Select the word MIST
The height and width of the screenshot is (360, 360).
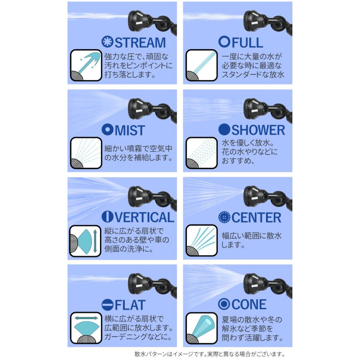pyautogui.click(x=130, y=130)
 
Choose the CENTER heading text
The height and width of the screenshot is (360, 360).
pyautogui.click(x=256, y=218)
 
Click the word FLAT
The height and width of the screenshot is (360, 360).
pyautogui.click(x=130, y=305)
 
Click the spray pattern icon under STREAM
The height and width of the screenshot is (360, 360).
pyautogui.click(x=85, y=65)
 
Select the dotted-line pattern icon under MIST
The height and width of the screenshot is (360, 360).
pyautogui.click(x=85, y=153)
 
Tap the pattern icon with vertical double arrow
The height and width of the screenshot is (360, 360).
pyautogui.click(x=85, y=240)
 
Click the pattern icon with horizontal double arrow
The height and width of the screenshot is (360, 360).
pyautogui.click(x=85, y=328)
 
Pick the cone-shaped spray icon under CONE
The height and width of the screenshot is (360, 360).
pyautogui.click(x=201, y=328)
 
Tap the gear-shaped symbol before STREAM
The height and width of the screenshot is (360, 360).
pyautogui.click(x=107, y=42)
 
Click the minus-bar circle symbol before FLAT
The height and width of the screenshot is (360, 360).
pyautogui.click(x=107, y=305)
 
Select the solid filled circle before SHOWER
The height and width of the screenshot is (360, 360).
pyautogui.click(x=224, y=130)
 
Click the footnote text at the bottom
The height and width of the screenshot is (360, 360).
pyautogui.click(x=210, y=354)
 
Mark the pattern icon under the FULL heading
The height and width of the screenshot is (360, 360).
pyautogui.click(x=201, y=65)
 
